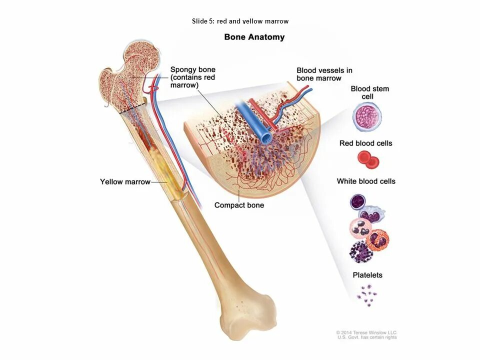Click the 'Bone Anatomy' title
(x=254, y=37)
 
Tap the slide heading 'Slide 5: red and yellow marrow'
(x=240, y=21)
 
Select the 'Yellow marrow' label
(x=125, y=181)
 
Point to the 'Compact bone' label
(x=239, y=205)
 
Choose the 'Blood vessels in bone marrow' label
(x=324, y=74)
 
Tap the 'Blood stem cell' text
(x=369, y=92)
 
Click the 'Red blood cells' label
(x=365, y=143)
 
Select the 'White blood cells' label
(x=365, y=181)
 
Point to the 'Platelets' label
(x=367, y=275)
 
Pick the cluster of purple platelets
(x=366, y=294)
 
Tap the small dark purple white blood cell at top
(x=358, y=201)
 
